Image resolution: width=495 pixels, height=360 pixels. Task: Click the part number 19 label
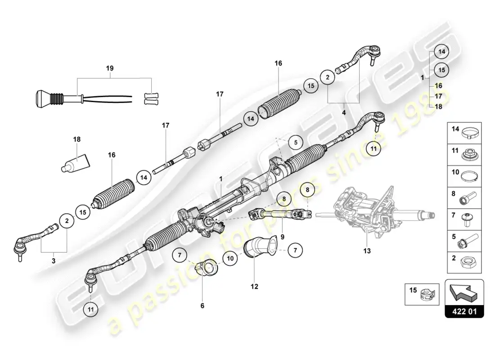click(x=109, y=68)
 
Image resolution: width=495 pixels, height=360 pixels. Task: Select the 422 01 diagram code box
click(x=464, y=311)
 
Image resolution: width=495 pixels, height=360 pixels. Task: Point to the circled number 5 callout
click(x=296, y=142)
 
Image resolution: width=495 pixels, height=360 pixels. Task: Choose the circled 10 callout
click(x=230, y=258)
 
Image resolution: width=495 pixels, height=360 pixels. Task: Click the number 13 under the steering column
click(x=367, y=251)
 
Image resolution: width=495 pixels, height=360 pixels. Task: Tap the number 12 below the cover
click(x=254, y=286)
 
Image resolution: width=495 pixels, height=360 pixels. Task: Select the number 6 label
click(x=202, y=306)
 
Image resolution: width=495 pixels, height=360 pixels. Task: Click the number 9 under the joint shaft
click(x=282, y=237)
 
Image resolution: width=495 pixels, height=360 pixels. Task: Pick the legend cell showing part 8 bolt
click(x=464, y=198)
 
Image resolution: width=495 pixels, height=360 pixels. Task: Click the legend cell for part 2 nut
click(x=464, y=262)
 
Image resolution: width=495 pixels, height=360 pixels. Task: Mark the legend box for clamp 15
click(x=422, y=294)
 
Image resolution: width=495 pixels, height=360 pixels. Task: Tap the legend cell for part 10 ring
click(x=464, y=176)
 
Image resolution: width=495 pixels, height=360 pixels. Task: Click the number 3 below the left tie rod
click(x=54, y=261)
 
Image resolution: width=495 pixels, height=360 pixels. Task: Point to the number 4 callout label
click(x=344, y=112)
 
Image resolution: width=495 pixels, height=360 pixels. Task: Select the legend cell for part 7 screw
click(x=464, y=219)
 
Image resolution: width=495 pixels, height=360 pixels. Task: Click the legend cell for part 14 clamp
click(x=464, y=133)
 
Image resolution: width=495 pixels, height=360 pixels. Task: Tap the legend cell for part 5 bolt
click(x=464, y=241)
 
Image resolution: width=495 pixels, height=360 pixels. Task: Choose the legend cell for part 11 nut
click(x=464, y=155)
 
